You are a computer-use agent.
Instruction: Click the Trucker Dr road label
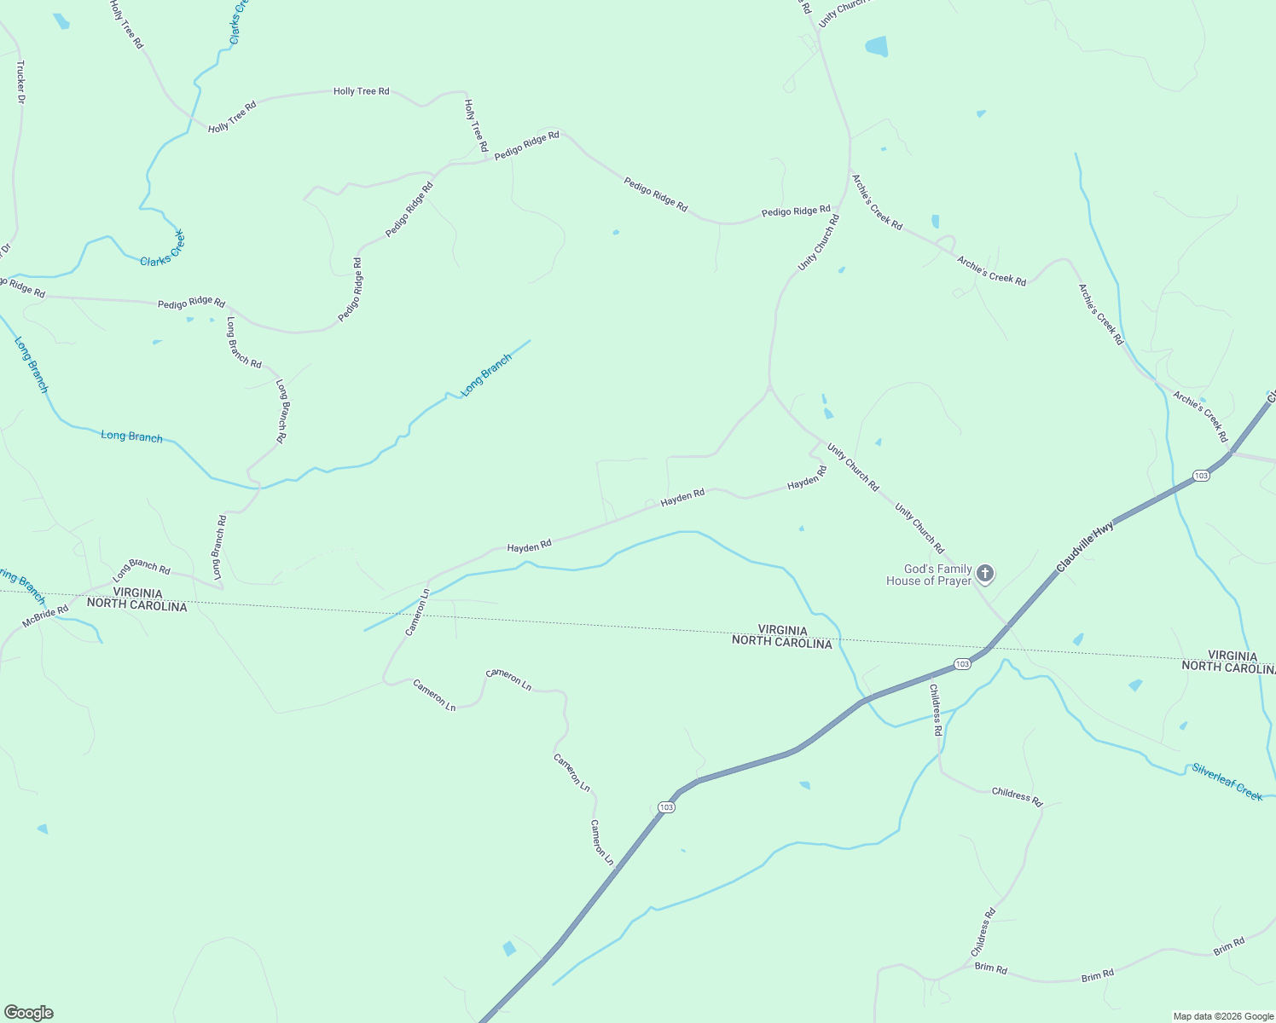(20, 82)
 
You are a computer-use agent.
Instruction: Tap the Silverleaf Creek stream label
(1227, 782)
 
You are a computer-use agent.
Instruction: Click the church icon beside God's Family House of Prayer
(985, 574)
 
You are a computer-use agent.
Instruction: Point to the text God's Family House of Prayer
(929, 575)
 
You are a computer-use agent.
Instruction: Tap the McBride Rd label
(45, 616)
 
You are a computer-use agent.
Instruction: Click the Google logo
(28, 1013)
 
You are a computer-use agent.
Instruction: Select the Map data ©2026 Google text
(1223, 1016)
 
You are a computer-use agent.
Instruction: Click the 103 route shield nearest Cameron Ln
(666, 806)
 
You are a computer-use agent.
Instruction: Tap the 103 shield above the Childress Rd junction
(962, 664)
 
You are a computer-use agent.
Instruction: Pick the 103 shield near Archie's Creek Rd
(1201, 476)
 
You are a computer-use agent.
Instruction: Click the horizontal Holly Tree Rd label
(361, 91)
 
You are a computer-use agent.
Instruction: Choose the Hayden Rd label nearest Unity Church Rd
(807, 477)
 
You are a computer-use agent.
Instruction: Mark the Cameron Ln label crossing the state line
(417, 612)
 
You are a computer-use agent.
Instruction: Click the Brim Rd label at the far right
(1229, 946)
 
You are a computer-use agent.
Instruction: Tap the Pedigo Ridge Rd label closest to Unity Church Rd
(796, 211)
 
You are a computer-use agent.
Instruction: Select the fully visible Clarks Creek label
(162, 248)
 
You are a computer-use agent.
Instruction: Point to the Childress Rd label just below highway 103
(936, 709)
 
